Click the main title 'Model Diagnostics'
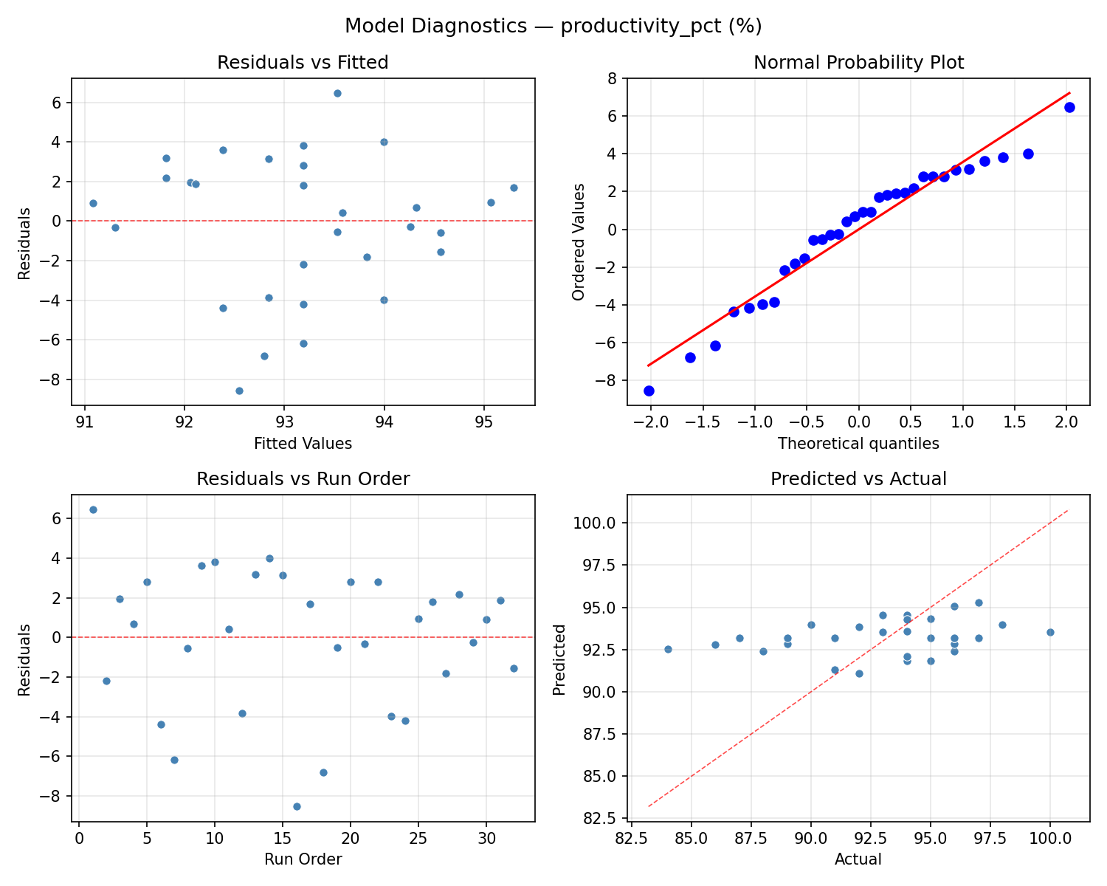(553, 27)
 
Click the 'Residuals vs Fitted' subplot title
(303, 63)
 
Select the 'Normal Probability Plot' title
(858, 63)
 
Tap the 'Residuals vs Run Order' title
(303, 479)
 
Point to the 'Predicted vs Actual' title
(858, 479)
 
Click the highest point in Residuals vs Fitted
(337, 93)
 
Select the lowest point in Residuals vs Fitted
(239, 391)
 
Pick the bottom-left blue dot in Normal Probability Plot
(649, 391)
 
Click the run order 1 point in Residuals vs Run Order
(93, 509)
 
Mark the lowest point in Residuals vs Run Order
(297, 806)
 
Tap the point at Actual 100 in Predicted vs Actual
(1050, 632)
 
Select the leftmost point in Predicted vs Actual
(668, 649)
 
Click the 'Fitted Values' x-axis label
(303, 444)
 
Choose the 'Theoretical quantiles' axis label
(858, 444)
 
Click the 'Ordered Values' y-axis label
(579, 242)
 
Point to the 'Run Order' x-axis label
(303, 859)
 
